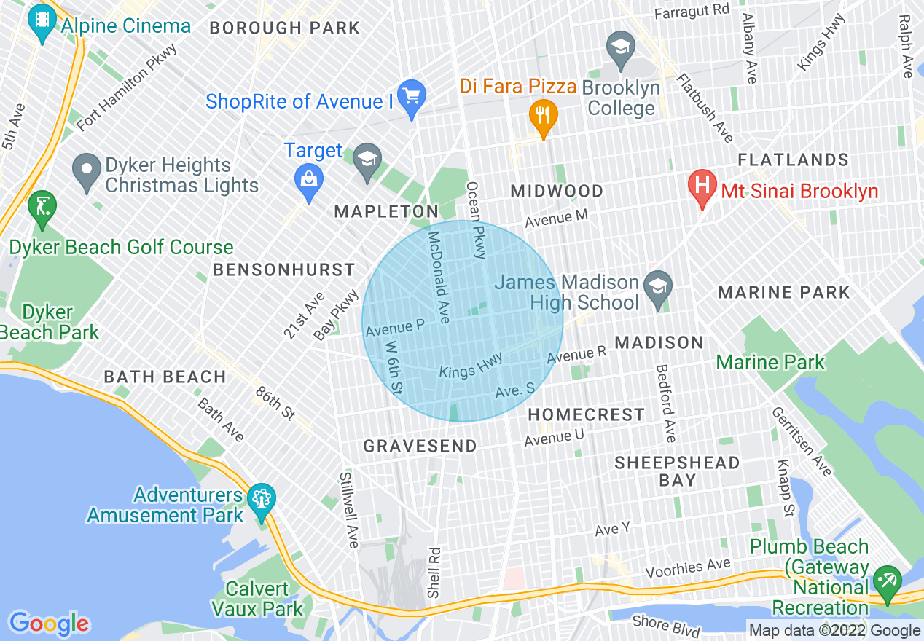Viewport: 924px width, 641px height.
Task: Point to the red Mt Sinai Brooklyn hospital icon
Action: (x=702, y=187)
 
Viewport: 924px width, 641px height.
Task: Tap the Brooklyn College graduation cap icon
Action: (x=620, y=50)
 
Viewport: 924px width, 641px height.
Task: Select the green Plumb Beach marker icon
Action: (x=887, y=582)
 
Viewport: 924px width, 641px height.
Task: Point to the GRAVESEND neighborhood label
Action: (x=420, y=446)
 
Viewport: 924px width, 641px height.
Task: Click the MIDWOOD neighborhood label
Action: (x=557, y=192)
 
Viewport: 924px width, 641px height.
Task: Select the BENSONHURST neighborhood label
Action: (x=283, y=270)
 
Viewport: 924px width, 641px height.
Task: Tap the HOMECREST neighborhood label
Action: (x=587, y=414)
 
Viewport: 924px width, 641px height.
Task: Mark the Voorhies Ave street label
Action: (x=688, y=565)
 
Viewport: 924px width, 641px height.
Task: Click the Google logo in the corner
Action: (x=50, y=624)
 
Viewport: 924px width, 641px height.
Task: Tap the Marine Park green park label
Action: (x=770, y=362)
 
